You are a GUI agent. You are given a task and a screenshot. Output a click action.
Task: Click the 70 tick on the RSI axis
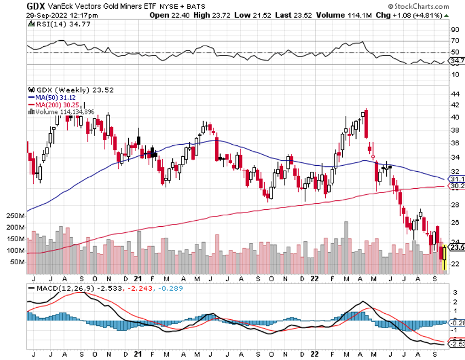(x=455, y=41)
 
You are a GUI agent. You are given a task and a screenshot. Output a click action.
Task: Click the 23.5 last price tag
(x=457, y=247)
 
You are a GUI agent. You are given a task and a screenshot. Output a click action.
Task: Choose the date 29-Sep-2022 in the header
(x=48, y=15)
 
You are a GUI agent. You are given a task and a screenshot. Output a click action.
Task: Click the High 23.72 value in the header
(x=213, y=15)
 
